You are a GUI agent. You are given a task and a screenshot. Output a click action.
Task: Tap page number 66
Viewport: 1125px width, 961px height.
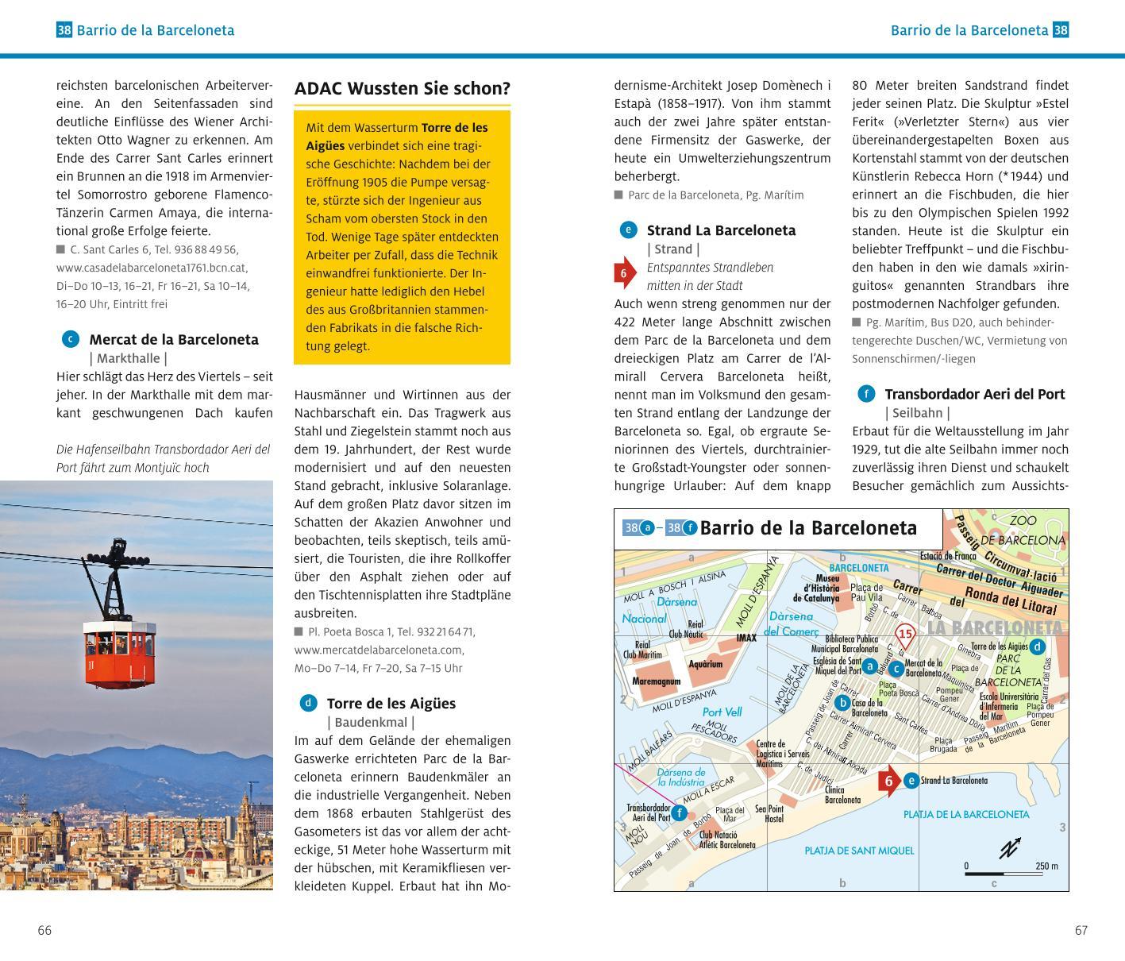coord(44,930)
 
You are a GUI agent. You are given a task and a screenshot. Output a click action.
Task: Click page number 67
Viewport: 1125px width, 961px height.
coord(1081,930)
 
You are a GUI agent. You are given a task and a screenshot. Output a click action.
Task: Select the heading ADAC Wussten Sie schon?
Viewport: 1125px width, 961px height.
coord(402,88)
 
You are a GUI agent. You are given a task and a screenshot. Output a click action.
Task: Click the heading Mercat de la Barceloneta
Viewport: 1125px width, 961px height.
coord(174,339)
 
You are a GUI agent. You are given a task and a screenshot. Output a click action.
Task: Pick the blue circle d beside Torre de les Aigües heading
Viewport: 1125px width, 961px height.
coord(308,703)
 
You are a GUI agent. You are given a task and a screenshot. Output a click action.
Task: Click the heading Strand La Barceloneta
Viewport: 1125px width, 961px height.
coord(721,230)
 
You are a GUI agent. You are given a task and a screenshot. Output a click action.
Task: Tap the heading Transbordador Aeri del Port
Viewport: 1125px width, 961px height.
coord(974,394)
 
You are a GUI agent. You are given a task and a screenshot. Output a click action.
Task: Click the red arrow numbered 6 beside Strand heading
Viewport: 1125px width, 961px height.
coord(624,273)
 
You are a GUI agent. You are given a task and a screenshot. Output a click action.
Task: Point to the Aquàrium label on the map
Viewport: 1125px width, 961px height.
coord(705,664)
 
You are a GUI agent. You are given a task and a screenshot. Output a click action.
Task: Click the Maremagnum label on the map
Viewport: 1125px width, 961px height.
coord(656,681)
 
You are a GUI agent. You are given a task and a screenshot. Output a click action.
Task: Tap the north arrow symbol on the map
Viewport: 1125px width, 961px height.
coord(1010,847)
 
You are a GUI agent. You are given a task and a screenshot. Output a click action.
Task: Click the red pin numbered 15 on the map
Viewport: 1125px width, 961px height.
coord(905,635)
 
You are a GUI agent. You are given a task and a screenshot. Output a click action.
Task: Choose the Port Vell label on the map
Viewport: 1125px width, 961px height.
coord(722,712)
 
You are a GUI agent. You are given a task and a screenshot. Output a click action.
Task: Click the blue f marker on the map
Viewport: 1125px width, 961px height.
coord(680,812)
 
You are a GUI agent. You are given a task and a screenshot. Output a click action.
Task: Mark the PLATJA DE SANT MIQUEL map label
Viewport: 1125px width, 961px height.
coord(859,851)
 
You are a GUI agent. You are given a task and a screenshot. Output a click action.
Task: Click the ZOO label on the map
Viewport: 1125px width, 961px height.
coord(1023,521)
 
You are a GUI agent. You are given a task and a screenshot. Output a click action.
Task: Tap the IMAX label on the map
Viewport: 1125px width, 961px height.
coord(746,637)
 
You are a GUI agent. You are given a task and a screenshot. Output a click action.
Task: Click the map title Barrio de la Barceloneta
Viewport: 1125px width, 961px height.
coord(808,528)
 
